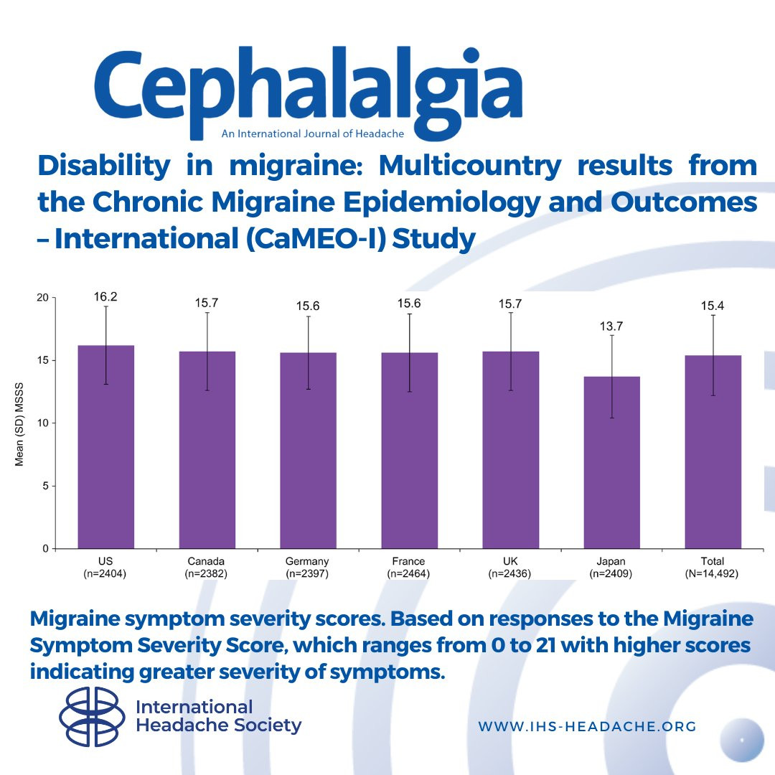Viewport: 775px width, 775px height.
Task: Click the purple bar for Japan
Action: coord(612,462)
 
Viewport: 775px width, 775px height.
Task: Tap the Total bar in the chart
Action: coord(713,451)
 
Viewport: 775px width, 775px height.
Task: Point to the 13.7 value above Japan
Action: coord(612,325)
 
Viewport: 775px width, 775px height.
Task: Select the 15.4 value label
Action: coord(713,306)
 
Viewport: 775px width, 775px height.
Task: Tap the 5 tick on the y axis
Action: coord(44,486)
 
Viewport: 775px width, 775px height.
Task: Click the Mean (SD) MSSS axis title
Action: coord(19,423)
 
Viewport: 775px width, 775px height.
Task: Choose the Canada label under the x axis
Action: coord(207,561)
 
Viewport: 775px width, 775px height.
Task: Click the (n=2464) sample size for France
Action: coord(409,574)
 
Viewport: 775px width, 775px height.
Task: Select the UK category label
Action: coord(510,561)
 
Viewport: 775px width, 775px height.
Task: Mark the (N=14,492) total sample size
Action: coord(713,574)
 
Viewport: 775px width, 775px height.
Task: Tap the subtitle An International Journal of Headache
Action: coord(312,133)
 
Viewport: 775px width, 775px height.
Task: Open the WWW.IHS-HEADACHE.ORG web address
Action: coord(587,726)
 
